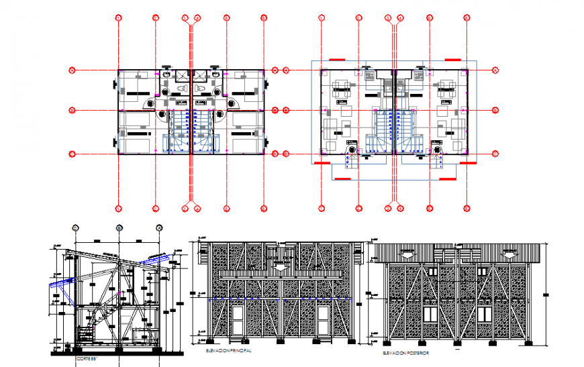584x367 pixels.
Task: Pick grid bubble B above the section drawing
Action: pyautogui.click(x=119, y=227)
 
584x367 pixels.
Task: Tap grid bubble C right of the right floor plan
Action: pyautogui.click(x=495, y=69)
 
